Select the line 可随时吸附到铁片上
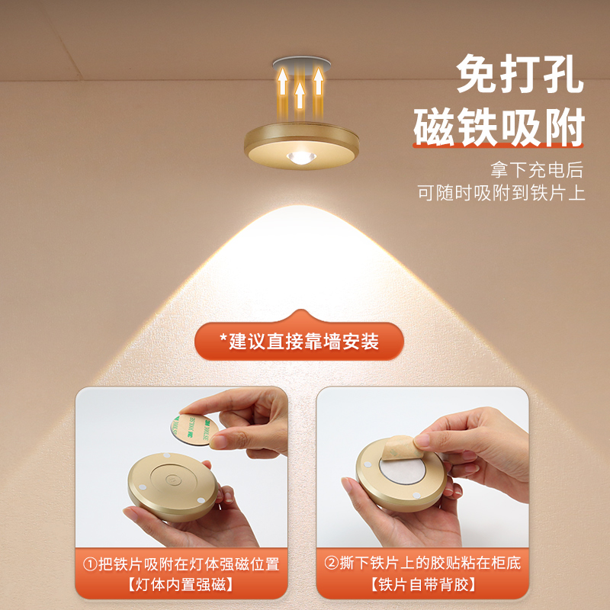pos(501,192)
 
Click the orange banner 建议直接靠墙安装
pos(299,340)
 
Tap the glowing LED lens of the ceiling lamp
pos(300,158)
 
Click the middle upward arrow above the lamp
pos(300,95)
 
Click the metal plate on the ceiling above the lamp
pos(300,63)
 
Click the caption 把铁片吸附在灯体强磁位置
pos(189,565)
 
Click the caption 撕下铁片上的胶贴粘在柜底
pos(422,565)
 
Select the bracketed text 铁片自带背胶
pos(422,586)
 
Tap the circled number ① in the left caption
pos(91,565)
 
